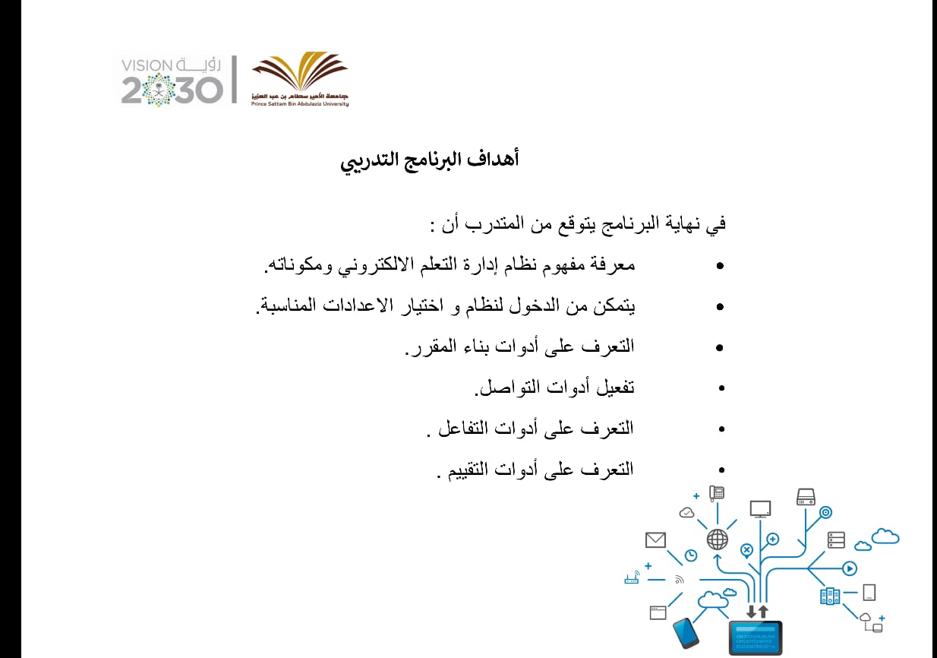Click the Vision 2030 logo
pyautogui.click(x=171, y=81)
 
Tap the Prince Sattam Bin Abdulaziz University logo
pyautogui.click(x=299, y=79)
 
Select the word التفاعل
pyautogui.click(x=463, y=428)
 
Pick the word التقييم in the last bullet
pyautogui.click(x=469, y=470)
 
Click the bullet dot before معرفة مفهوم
pyautogui.click(x=720, y=266)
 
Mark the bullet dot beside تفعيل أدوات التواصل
pyautogui.click(x=721, y=388)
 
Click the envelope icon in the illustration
pyautogui.click(x=655, y=540)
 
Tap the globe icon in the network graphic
pyautogui.click(x=718, y=539)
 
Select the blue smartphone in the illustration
pyautogui.click(x=686, y=633)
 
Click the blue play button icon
pyautogui.click(x=850, y=568)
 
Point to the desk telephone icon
pyautogui.click(x=717, y=493)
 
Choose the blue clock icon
pyautogui.click(x=691, y=555)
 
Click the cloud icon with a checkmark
pyautogui.click(x=686, y=512)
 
